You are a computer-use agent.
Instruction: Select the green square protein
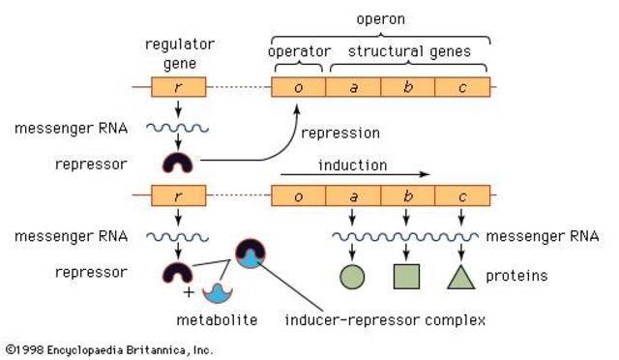pos(406,277)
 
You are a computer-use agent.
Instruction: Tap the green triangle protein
pos(461,277)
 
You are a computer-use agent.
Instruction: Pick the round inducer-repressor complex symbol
pos(251,256)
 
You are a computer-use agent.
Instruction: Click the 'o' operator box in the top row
pos(299,87)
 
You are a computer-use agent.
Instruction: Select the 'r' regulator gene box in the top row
pos(178,87)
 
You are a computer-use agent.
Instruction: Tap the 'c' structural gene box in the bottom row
pos(462,195)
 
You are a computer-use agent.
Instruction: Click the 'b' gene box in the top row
pos(407,87)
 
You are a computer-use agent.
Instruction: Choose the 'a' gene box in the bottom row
pos(353,195)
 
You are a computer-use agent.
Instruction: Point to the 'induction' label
pos(352,165)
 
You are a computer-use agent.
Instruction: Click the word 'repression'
pos(340,132)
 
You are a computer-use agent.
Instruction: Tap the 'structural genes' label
pos(410,50)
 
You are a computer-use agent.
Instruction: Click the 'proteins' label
pos(517,276)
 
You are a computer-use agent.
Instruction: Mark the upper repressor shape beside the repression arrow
pos(178,162)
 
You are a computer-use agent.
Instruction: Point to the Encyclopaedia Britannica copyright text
pos(108,349)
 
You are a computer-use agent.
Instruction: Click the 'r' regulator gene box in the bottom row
pos(178,195)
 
